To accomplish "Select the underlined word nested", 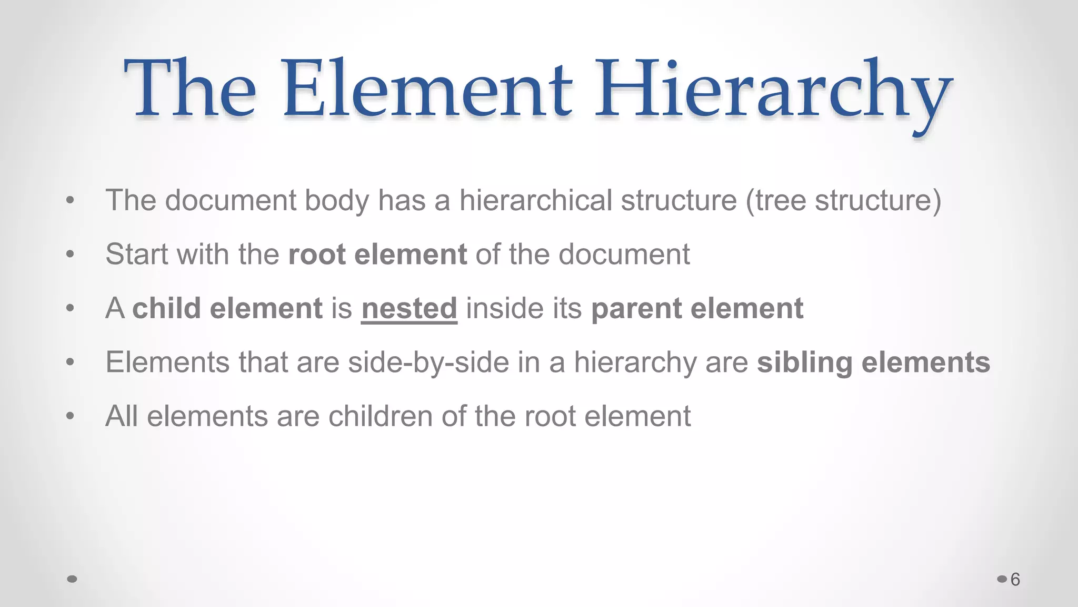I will (x=409, y=308).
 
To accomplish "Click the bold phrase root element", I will (x=377, y=254).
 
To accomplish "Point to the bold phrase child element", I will (x=227, y=308).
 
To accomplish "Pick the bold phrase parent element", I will (x=697, y=308).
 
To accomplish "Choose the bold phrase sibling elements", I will (x=873, y=363).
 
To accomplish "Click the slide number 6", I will (x=1015, y=580).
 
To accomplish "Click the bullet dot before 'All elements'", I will (x=70, y=416).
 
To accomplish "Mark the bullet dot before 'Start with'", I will (x=70, y=254).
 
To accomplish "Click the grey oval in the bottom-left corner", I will (x=73, y=579).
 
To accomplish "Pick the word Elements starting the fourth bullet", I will (x=167, y=363).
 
